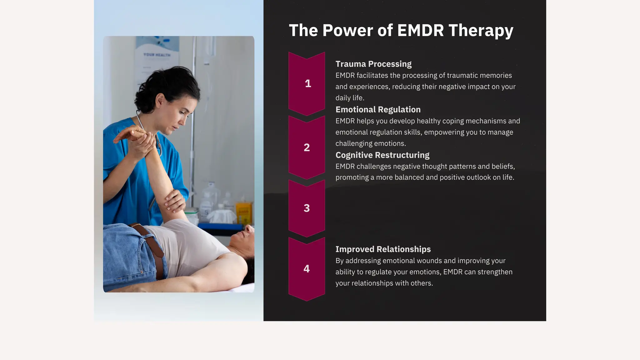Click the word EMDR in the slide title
click(421, 31)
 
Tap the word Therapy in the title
click(481, 31)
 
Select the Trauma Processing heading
click(373, 64)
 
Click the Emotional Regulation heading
click(378, 110)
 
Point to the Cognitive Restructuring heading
click(382, 155)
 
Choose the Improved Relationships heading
click(383, 249)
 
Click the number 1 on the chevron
click(308, 83)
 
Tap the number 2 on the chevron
click(307, 147)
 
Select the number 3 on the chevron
click(307, 208)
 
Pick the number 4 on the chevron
click(307, 269)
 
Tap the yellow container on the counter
click(243, 213)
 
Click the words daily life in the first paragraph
click(349, 98)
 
